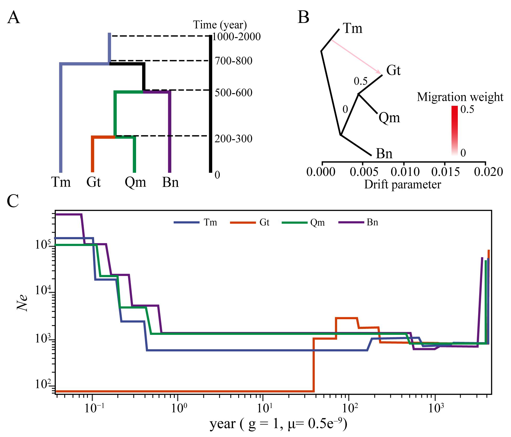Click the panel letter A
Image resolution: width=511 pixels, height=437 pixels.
click(14, 18)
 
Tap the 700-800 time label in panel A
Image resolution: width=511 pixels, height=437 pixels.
click(233, 61)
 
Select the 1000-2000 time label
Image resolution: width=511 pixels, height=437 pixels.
click(236, 37)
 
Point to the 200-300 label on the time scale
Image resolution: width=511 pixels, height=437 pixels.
click(233, 139)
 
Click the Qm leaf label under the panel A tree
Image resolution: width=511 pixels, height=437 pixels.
click(135, 182)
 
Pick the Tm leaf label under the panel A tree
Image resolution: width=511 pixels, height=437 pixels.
click(61, 182)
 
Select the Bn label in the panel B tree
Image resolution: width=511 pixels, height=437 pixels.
click(384, 154)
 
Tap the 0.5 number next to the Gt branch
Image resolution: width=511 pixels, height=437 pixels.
click(360, 82)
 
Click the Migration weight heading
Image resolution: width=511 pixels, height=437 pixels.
click(460, 97)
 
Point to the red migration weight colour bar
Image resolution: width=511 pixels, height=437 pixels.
click(454, 130)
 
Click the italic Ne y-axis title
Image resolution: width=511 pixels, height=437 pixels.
click(23, 302)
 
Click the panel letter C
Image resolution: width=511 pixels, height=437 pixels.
click(13, 201)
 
